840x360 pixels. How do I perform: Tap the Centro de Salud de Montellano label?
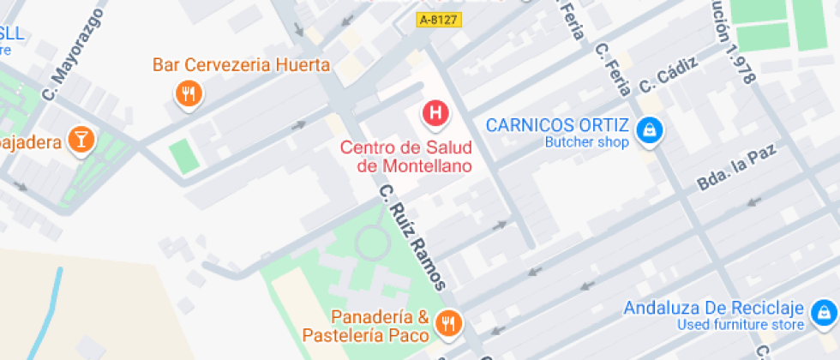(405, 157)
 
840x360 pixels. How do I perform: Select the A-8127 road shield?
(438, 18)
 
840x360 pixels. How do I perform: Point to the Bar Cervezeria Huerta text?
(241, 65)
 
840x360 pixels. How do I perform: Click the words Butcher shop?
(587, 143)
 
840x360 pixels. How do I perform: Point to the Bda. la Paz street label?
(735, 168)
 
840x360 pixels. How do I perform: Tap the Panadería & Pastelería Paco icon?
(447, 323)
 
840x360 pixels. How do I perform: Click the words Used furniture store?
(741, 325)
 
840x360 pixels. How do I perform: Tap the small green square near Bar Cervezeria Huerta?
(183, 155)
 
